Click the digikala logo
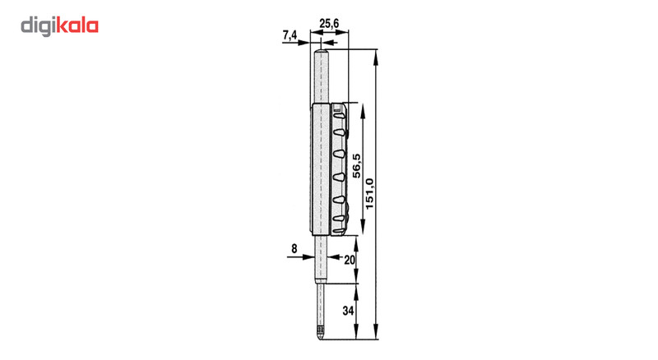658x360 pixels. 59,26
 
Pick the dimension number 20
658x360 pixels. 350,259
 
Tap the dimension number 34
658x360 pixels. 350,312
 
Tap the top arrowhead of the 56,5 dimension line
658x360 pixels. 357,108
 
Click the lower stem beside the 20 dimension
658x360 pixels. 322,259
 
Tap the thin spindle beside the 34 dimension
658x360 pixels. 319,304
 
